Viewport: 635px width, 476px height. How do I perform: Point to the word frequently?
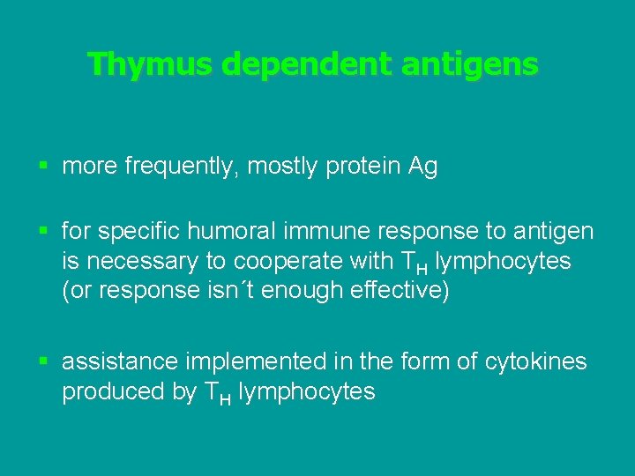171,167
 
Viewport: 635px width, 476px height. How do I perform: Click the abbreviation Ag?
422,167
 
